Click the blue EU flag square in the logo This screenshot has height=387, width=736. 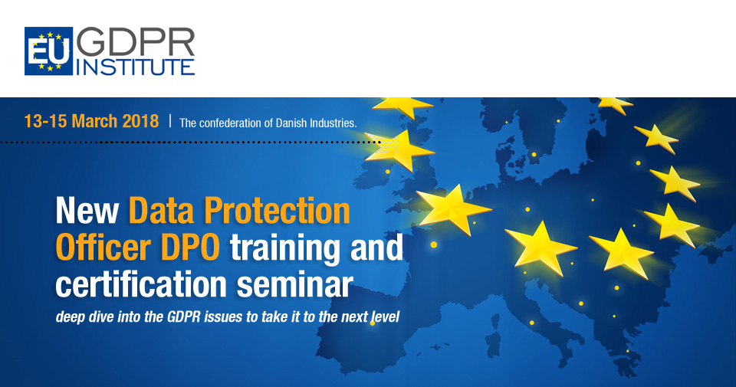[49, 51]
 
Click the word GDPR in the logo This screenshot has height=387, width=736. [136, 42]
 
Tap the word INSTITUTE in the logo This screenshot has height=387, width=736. [135, 67]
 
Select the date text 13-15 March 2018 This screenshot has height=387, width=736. [91, 122]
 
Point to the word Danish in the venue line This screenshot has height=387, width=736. [291, 123]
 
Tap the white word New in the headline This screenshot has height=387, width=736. [87, 211]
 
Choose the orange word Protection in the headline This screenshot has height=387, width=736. [277, 211]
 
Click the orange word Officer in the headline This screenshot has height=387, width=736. [103, 248]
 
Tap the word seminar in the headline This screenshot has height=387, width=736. [294, 285]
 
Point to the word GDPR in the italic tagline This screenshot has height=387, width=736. [183, 316]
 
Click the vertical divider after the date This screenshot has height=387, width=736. [170, 121]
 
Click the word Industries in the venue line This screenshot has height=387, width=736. [333, 123]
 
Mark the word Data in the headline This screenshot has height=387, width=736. [161, 211]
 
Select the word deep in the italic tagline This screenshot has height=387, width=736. [68, 317]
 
